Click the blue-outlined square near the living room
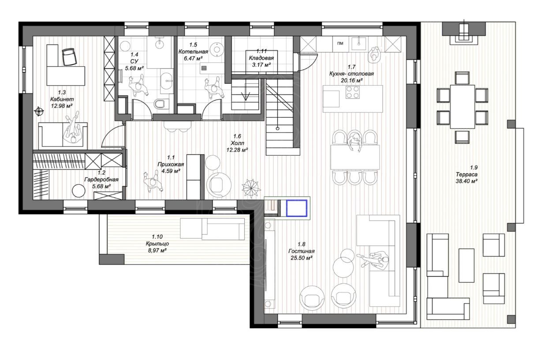(x=297, y=208)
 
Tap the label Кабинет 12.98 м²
(x=62, y=99)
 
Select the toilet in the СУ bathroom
(x=159, y=104)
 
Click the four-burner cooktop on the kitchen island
(x=353, y=92)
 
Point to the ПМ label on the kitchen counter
(x=340, y=44)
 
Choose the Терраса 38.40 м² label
(x=466, y=174)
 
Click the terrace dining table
(x=462, y=107)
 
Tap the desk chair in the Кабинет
(x=69, y=56)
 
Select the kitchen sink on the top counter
(x=358, y=43)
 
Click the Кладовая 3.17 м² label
(x=261, y=58)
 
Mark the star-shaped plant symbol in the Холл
(x=251, y=187)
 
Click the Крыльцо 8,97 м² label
(x=157, y=244)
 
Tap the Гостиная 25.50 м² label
(x=302, y=251)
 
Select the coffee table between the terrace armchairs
(x=466, y=266)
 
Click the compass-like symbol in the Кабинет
(x=39, y=111)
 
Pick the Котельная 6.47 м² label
(x=193, y=52)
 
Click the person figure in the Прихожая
(x=153, y=181)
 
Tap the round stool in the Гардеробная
(x=78, y=191)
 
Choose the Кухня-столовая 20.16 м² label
(x=351, y=73)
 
